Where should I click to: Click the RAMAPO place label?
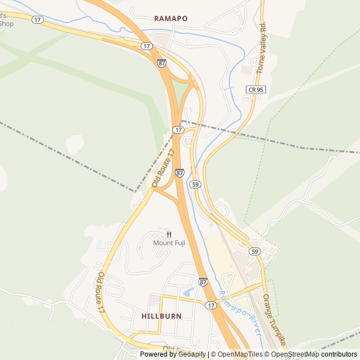[171, 19]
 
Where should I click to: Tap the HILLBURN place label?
[161, 316]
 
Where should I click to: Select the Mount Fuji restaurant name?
[169, 243]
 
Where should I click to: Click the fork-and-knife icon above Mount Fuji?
[169, 235]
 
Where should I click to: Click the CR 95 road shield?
[255, 89]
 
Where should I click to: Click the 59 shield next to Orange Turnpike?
[255, 251]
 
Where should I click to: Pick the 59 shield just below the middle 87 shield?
[195, 184]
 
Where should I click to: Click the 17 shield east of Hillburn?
[211, 305]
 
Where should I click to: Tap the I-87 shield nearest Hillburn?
[203, 281]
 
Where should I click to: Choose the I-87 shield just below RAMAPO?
[162, 63]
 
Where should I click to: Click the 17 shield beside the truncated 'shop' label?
[38, 19]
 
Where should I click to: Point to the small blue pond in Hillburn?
[188, 292]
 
